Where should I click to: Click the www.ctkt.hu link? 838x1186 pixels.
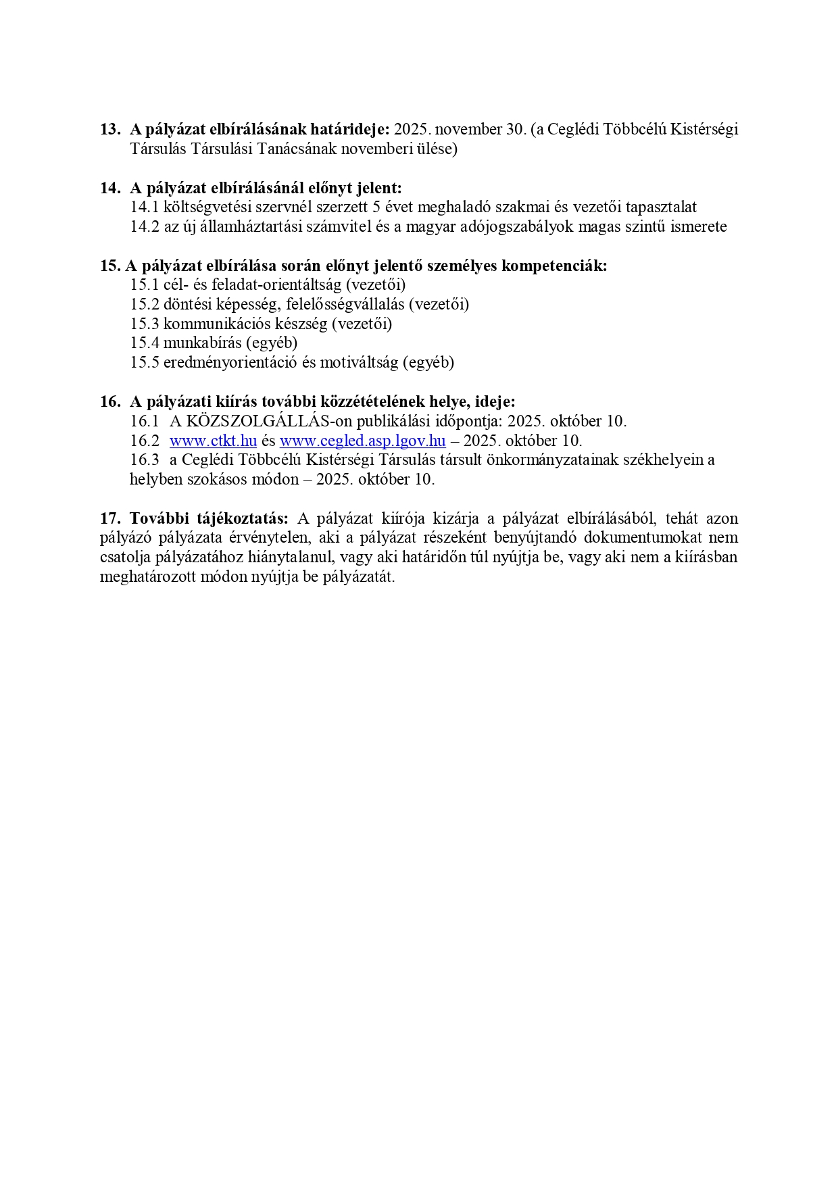pos(213,441)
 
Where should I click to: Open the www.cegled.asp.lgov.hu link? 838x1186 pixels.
pos(362,441)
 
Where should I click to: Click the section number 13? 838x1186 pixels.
pos(109,129)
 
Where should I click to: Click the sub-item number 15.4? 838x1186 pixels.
pos(145,343)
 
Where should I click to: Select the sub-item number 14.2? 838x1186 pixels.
pos(145,226)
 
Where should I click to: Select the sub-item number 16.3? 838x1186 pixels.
pos(145,460)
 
